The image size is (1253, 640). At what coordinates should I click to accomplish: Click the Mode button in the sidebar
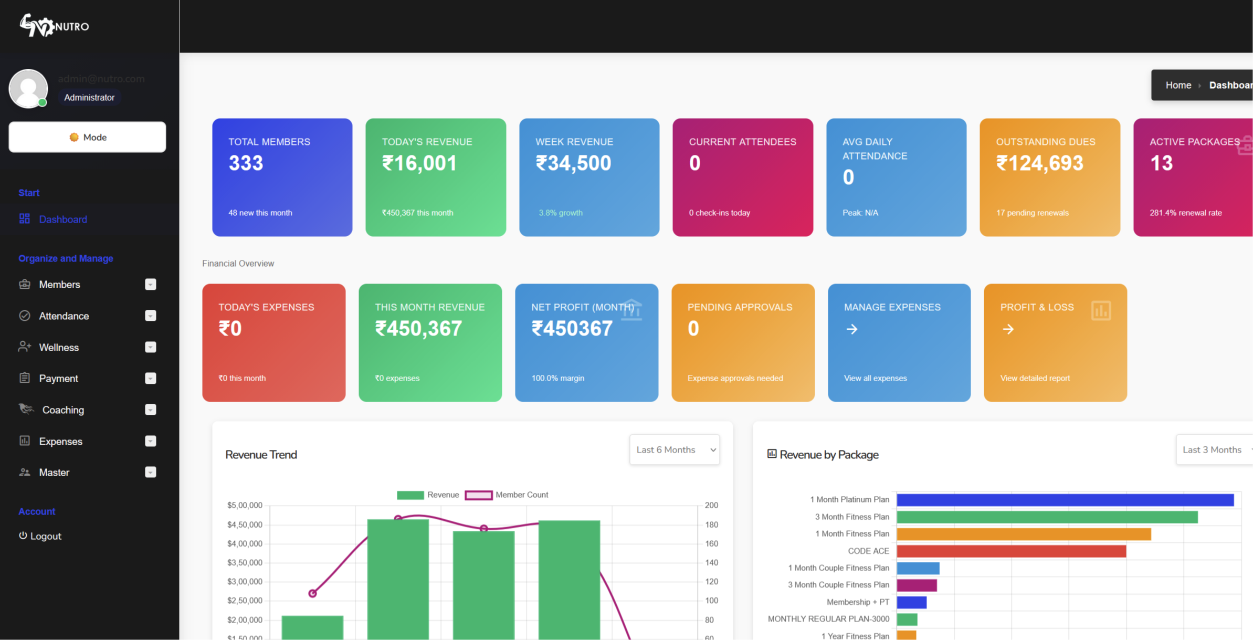click(x=87, y=137)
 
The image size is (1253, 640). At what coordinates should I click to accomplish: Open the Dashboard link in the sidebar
click(x=62, y=219)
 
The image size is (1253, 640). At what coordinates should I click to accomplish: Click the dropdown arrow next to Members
click(x=150, y=284)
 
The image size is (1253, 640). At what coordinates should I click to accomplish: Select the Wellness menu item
click(x=59, y=347)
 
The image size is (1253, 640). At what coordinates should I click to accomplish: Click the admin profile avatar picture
click(x=28, y=88)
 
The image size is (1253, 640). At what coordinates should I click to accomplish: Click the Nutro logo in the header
click(x=54, y=26)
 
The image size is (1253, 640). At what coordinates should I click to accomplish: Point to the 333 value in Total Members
click(x=246, y=163)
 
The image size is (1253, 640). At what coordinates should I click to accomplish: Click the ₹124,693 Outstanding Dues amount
click(x=1039, y=163)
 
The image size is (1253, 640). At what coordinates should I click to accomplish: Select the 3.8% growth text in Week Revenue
click(x=560, y=213)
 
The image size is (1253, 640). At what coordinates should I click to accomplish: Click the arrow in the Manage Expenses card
click(x=851, y=329)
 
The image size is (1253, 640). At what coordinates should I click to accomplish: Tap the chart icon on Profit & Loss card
click(x=1100, y=310)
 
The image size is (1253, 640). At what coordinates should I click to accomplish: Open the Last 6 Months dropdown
click(x=674, y=449)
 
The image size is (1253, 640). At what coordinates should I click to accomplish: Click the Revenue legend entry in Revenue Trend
click(x=428, y=495)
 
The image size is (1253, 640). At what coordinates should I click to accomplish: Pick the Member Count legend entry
click(x=507, y=495)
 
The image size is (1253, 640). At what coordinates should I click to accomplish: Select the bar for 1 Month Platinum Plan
click(x=1065, y=500)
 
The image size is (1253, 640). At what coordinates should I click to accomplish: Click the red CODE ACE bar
click(x=1011, y=551)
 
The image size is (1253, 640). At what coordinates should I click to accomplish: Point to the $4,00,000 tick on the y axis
click(x=244, y=543)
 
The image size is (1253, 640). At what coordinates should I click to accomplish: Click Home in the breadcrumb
click(x=1178, y=85)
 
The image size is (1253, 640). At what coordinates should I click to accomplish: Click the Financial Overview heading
click(x=238, y=263)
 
